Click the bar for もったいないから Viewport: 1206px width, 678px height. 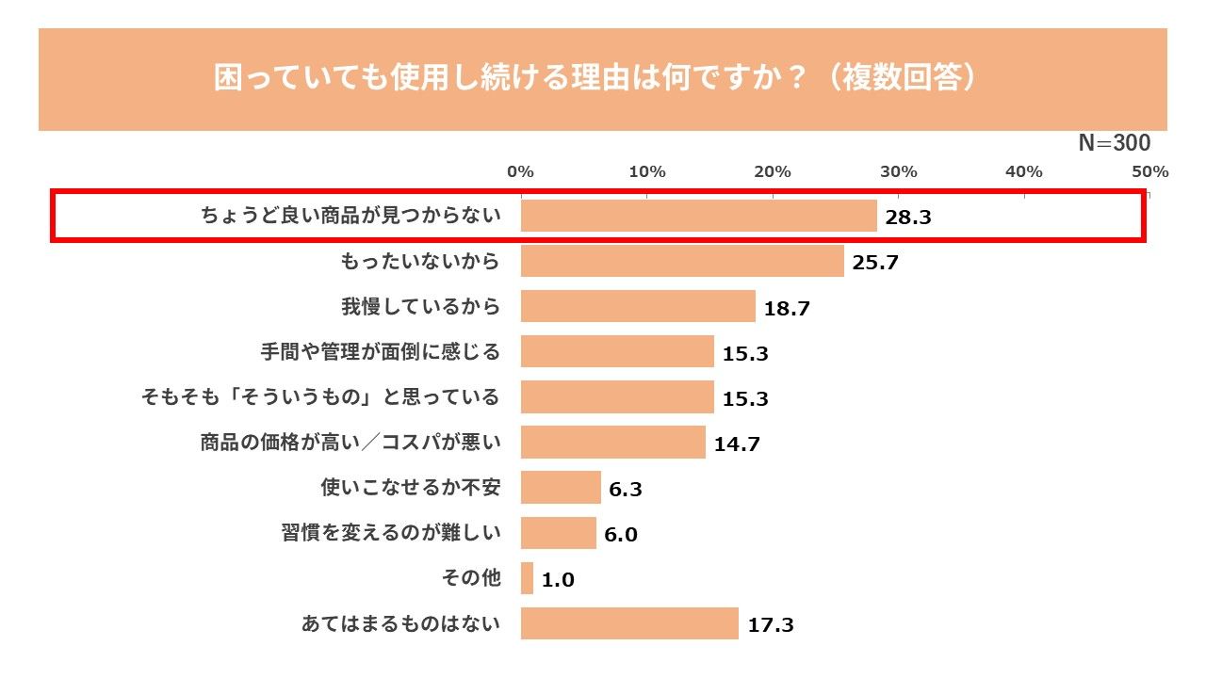[682, 261]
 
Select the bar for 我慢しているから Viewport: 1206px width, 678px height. [638, 306]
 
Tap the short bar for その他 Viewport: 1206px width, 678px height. [527, 578]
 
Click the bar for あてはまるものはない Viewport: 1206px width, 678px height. [629, 623]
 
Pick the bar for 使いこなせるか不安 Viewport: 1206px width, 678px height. [561, 488]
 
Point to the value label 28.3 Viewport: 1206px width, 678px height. [908, 218]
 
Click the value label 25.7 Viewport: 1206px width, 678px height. [875, 263]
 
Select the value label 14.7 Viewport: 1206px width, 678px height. [737, 444]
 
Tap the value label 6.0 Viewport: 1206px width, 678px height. [621, 535]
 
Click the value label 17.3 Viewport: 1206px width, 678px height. [770, 625]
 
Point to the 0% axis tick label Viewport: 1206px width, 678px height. [521, 171]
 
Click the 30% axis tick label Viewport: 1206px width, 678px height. [899, 171]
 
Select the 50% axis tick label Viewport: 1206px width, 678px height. [1150, 171]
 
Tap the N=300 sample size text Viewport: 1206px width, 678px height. [1114, 143]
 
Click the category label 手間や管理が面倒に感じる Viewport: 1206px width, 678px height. [380, 352]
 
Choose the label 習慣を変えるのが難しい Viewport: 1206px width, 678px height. [391, 533]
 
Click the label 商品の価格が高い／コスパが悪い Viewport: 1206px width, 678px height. [350, 443]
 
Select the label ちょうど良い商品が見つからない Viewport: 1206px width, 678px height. [350, 216]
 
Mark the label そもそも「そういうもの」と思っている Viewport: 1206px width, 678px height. [320, 397]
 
